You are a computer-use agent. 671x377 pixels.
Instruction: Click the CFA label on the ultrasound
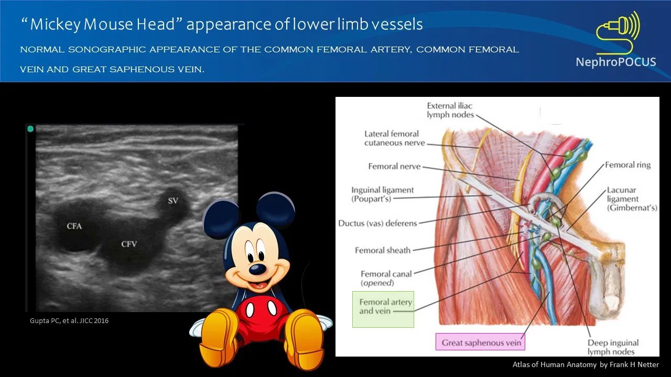74,226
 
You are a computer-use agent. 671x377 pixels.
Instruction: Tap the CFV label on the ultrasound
129,244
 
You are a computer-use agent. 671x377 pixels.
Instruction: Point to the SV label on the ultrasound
173,201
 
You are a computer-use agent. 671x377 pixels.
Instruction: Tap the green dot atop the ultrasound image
30,129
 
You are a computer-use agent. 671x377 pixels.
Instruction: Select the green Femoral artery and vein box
383,309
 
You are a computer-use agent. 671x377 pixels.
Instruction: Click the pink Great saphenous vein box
481,343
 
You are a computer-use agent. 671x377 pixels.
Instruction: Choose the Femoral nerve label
394,167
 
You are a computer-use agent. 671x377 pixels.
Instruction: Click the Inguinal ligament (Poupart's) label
383,194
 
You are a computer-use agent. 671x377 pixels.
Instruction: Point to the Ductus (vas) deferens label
377,223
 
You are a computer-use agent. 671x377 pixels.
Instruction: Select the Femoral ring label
627,165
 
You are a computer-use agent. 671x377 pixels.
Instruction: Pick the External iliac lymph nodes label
450,110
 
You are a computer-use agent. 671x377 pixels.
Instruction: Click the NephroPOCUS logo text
615,62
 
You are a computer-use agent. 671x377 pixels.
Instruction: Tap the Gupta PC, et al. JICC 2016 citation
69,320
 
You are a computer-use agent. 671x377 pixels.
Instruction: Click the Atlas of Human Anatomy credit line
585,364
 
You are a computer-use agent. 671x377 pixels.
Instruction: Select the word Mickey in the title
56,24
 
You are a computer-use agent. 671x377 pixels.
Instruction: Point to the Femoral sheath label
383,250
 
